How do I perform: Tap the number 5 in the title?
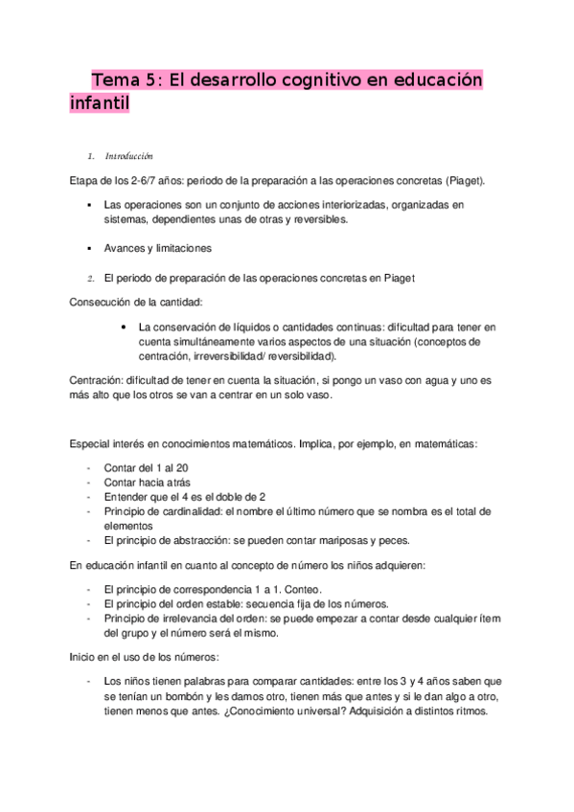coord(152,80)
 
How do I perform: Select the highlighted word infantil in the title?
coord(99,103)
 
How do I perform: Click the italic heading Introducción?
coord(129,157)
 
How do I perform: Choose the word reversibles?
coord(318,219)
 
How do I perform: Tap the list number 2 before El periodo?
coord(87,279)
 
